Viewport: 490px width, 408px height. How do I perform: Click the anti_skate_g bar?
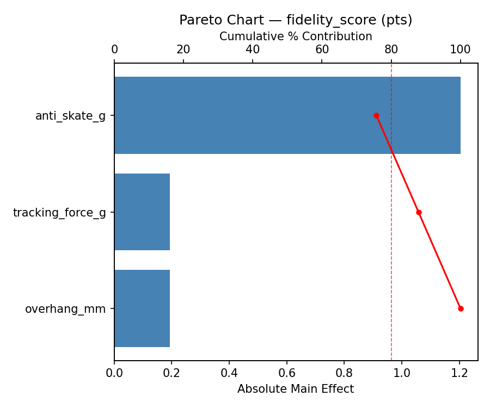[x=287, y=115]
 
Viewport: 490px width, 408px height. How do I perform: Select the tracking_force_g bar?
[x=142, y=212]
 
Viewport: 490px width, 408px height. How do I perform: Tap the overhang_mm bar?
[x=142, y=308]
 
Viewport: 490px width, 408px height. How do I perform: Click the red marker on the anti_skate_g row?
[x=376, y=115]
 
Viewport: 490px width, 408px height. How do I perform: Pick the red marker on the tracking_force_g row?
[x=419, y=212]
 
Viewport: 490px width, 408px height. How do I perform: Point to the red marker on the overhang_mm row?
[x=461, y=308]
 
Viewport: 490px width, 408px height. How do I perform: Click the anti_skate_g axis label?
[x=70, y=115]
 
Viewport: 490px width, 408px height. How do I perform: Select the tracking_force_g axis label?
[x=59, y=212]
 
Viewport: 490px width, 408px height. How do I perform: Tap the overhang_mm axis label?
[x=65, y=309]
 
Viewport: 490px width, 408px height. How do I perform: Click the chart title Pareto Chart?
[x=296, y=20]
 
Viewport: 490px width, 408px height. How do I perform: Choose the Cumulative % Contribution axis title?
[x=296, y=36]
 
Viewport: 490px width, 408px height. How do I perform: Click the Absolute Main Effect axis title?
[x=296, y=389]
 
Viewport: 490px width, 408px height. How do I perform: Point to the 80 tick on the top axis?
[x=391, y=50]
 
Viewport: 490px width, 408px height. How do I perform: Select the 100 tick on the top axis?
[x=461, y=50]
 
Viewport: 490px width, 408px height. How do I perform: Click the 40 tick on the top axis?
[x=253, y=50]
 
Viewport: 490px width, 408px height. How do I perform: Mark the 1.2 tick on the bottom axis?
[x=460, y=373]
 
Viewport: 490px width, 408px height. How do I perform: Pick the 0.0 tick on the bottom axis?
[x=114, y=373]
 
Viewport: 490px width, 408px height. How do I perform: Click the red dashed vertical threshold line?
[x=391, y=245]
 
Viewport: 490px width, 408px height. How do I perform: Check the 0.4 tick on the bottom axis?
[x=229, y=373]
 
